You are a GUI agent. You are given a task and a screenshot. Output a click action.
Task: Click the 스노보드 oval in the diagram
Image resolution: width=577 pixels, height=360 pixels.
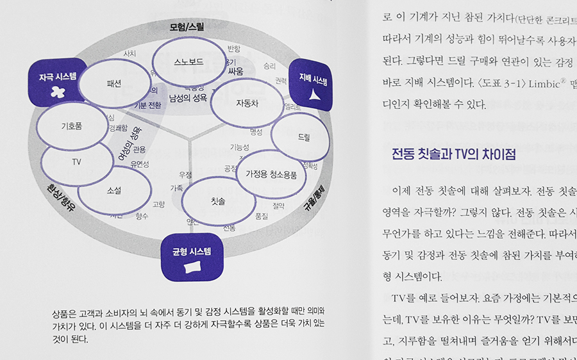point(188,62)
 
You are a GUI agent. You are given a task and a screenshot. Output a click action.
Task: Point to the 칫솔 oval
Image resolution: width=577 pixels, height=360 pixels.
point(218,201)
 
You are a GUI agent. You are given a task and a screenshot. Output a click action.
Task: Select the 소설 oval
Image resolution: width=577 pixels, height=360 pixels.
point(115,190)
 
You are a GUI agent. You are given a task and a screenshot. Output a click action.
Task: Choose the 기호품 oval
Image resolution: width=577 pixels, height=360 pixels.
point(71,127)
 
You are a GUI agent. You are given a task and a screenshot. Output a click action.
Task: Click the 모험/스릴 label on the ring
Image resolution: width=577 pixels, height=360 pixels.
point(188,28)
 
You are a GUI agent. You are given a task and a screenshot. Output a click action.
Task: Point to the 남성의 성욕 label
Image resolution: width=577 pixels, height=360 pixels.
point(187,98)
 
